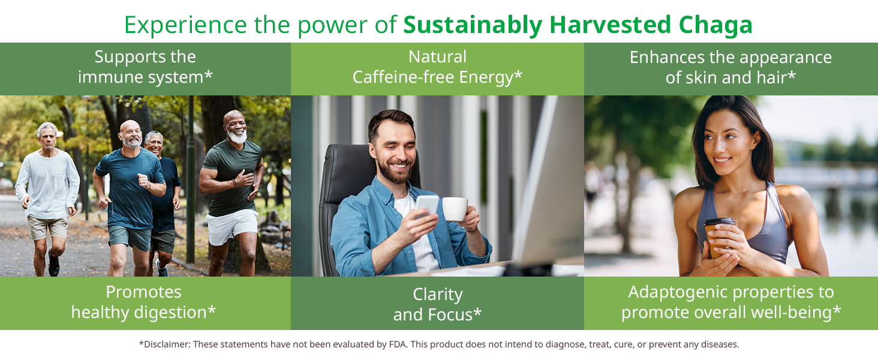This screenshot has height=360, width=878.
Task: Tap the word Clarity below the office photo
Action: (438, 295)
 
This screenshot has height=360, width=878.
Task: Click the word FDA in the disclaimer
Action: (398, 344)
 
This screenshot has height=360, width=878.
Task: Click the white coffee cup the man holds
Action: (455, 208)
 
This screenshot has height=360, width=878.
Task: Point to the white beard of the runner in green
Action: (237, 136)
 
